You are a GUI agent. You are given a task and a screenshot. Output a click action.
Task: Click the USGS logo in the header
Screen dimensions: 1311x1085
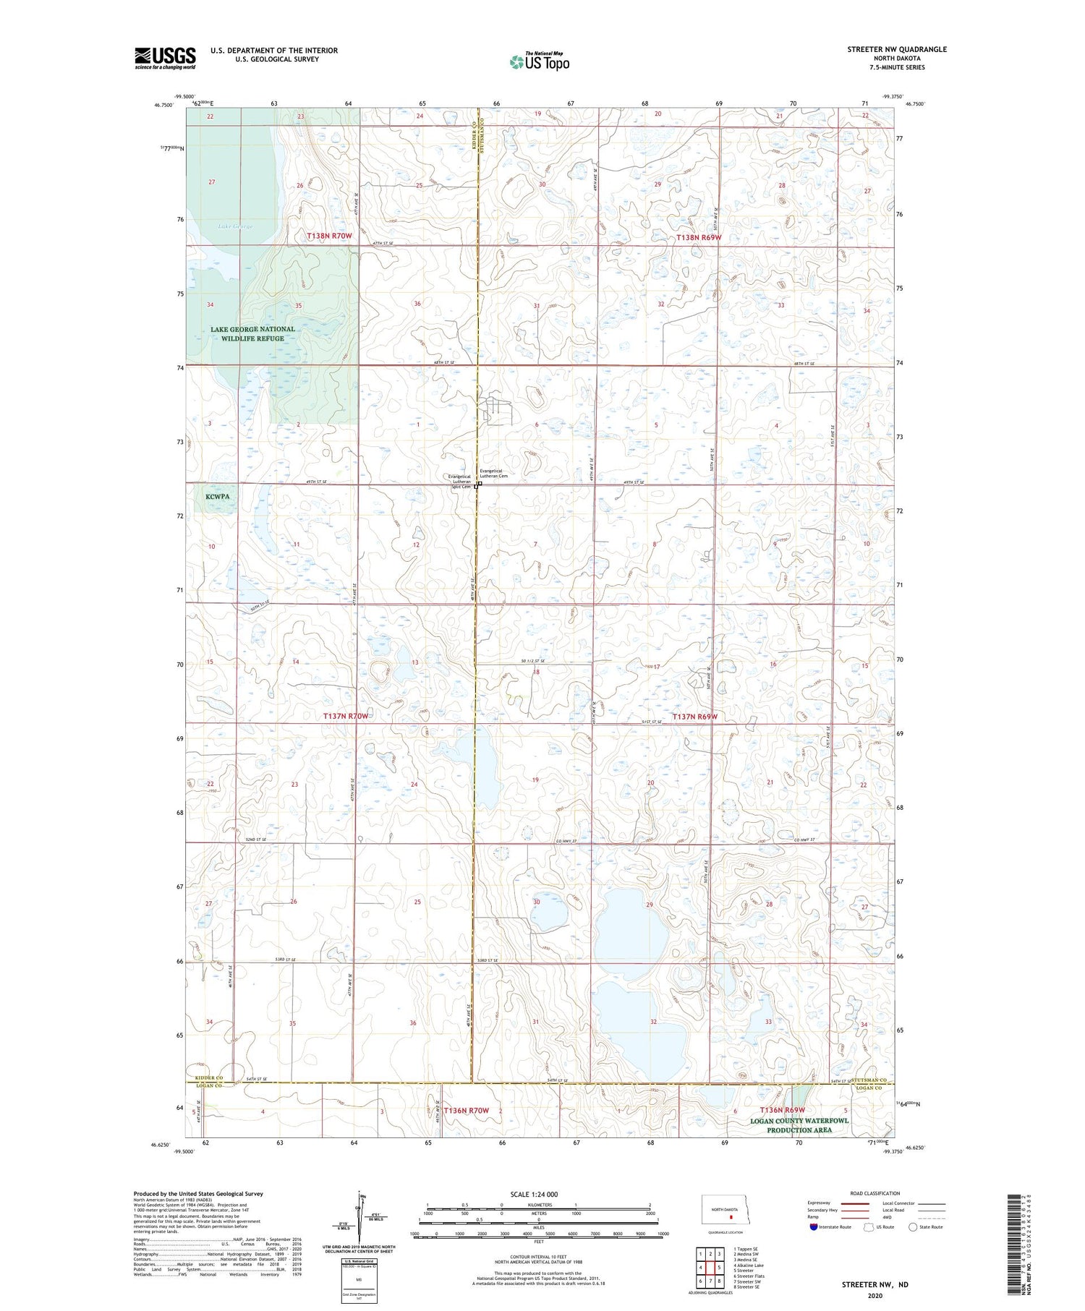165,58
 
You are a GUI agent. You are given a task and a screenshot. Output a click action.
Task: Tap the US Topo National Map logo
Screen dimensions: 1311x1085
540,61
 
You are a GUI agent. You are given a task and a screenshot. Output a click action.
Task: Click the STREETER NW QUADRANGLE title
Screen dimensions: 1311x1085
897,49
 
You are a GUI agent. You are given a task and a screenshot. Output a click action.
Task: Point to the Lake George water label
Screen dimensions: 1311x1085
236,226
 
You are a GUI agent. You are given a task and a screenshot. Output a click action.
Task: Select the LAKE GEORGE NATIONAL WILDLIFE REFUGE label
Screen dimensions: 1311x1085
252,333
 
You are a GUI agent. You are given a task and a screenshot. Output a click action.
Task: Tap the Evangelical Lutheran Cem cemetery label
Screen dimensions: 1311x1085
494,474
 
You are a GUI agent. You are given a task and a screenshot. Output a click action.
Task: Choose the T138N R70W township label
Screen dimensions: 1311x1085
329,236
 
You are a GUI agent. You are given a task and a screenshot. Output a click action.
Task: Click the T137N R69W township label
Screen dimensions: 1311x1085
694,717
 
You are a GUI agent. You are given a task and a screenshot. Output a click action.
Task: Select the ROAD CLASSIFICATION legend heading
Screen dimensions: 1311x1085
875,1193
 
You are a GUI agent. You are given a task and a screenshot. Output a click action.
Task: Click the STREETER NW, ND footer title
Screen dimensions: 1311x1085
875,1284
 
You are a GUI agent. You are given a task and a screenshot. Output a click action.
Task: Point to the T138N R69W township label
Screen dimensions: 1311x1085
698,237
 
